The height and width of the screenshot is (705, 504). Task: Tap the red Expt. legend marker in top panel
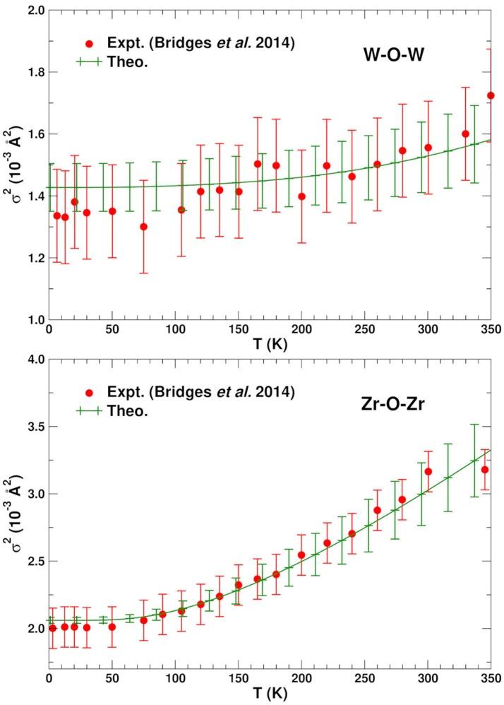pos(89,43)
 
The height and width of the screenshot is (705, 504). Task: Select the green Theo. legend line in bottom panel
pos(89,409)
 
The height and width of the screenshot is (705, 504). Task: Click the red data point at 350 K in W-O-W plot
pos(491,95)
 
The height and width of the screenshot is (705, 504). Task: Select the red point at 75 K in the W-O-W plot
pos(143,227)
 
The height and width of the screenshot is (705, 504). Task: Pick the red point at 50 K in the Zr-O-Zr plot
pos(112,627)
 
